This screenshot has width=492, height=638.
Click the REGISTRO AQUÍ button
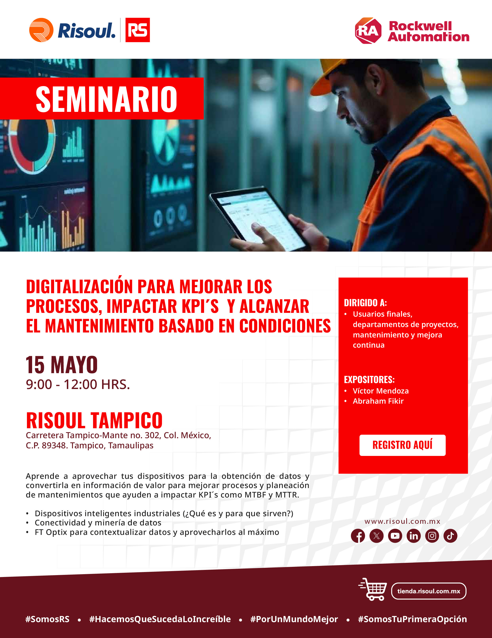402,445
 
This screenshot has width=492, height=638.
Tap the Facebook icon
358,536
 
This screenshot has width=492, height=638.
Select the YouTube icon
395,536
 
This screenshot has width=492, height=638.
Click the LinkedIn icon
414,536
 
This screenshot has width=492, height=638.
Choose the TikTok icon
450,536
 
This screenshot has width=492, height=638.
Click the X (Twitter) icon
376,536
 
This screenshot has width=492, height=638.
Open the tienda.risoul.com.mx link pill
429,591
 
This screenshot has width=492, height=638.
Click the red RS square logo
137,30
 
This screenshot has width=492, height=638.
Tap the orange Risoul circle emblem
41,30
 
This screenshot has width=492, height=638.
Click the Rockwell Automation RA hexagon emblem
368,31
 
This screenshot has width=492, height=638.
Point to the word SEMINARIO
106,99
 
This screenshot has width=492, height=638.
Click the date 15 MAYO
62,365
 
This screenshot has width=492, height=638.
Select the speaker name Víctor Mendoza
381,391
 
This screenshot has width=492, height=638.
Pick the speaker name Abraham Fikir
378,401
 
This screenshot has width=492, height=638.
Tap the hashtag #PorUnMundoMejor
294,619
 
